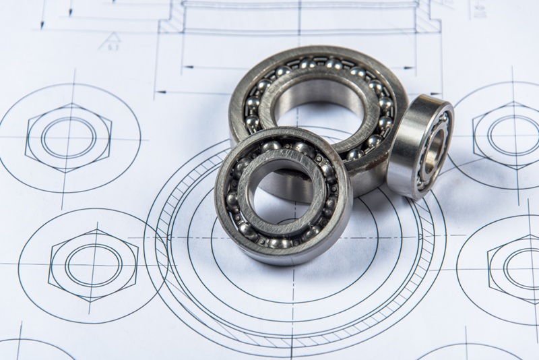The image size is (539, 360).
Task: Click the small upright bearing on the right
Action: pyautogui.click(x=419, y=144)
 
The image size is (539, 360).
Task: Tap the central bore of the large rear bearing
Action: pyautogui.click(x=317, y=108)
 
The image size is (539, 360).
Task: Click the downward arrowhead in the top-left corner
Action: pyautogui.click(x=42, y=25)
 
